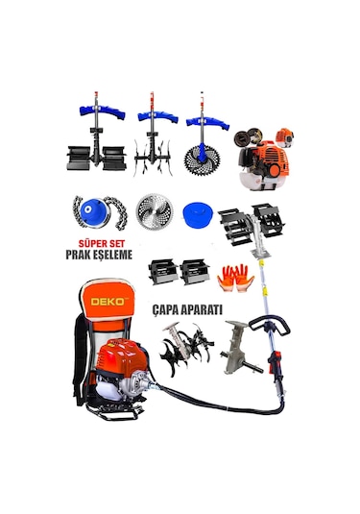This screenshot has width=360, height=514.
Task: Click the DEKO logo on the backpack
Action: click(x=108, y=302)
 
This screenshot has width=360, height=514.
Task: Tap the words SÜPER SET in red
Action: click(x=102, y=244)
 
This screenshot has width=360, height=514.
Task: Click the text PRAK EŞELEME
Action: click(x=99, y=255)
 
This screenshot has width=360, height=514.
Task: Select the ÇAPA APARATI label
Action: click(x=187, y=309)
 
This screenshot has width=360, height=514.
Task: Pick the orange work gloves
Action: click(x=235, y=279)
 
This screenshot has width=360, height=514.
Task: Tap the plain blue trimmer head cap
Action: click(x=198, y=214)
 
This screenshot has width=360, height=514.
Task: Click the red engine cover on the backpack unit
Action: click(x=123, y=355)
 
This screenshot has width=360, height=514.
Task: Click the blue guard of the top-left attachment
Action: click(x=102, y=111)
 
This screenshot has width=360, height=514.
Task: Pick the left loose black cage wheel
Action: click(x=163, y=272)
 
